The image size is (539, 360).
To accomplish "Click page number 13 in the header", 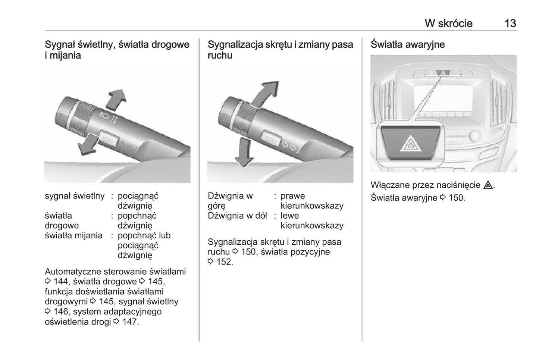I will click(x=510, y=24).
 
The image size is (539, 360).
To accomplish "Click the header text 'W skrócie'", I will click(x=448, y=24).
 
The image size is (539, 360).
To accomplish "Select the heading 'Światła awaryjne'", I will click(x=407, y=44).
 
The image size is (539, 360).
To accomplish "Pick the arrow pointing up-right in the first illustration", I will click(x=116, y=99).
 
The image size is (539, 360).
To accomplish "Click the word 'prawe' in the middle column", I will click(x=292, y=196).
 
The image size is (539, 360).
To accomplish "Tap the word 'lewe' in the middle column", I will click(x=289, y=216).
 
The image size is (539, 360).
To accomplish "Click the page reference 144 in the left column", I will click(x=61, y=282).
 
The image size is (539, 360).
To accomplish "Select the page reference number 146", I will click(x=61, y=312).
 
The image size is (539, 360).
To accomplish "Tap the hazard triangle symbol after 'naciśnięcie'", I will click(x=488, y=185).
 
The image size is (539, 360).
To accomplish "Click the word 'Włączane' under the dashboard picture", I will click(x=388, y=185).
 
